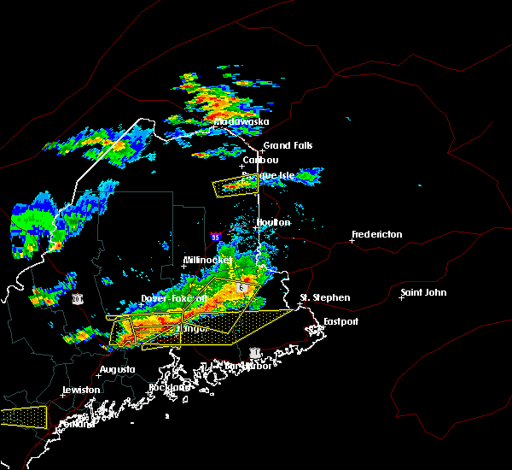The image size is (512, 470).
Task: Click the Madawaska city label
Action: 241,121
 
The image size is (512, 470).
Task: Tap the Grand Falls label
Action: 288,146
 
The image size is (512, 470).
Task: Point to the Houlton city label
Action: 273,223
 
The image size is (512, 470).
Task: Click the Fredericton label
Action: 378,234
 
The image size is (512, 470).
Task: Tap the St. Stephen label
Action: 324,298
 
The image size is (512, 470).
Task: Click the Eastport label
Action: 341,321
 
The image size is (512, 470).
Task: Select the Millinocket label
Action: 207,261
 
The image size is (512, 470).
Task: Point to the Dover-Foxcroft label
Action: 174,299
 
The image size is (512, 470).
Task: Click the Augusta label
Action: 117,370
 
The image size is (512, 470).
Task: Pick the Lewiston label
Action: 80,390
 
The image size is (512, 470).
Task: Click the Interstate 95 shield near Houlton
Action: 215,237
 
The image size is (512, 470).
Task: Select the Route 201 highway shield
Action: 78,298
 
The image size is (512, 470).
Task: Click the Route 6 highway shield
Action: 242,289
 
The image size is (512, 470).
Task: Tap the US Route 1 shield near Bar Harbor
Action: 253,352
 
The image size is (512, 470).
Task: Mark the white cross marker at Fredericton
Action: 352,240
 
